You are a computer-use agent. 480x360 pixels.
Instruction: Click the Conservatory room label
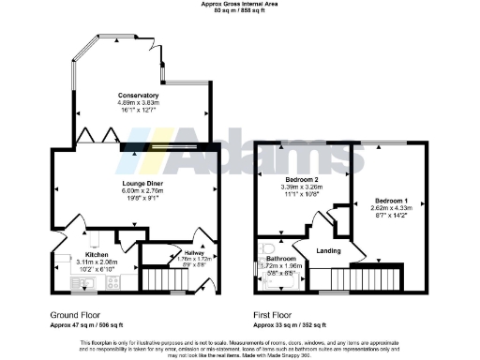coord(138,96)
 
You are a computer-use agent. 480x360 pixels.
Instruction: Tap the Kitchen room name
coord(98,254)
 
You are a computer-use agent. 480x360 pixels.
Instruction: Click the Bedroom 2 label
coord(301,179)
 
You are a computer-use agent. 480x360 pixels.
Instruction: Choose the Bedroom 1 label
coord(391,201)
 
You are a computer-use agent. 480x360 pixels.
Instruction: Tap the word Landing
coord(328,250)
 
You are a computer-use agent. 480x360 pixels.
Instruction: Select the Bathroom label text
coord(281,258)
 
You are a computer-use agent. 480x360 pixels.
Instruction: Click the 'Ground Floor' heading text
coord(76,315)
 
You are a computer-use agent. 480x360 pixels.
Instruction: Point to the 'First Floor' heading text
coord(277,315)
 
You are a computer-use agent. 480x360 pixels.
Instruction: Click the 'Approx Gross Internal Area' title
coord(239,4)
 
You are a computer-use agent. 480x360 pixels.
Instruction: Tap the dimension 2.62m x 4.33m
coord(391,209)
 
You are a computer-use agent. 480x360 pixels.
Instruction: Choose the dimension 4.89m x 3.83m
coord(138,103)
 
